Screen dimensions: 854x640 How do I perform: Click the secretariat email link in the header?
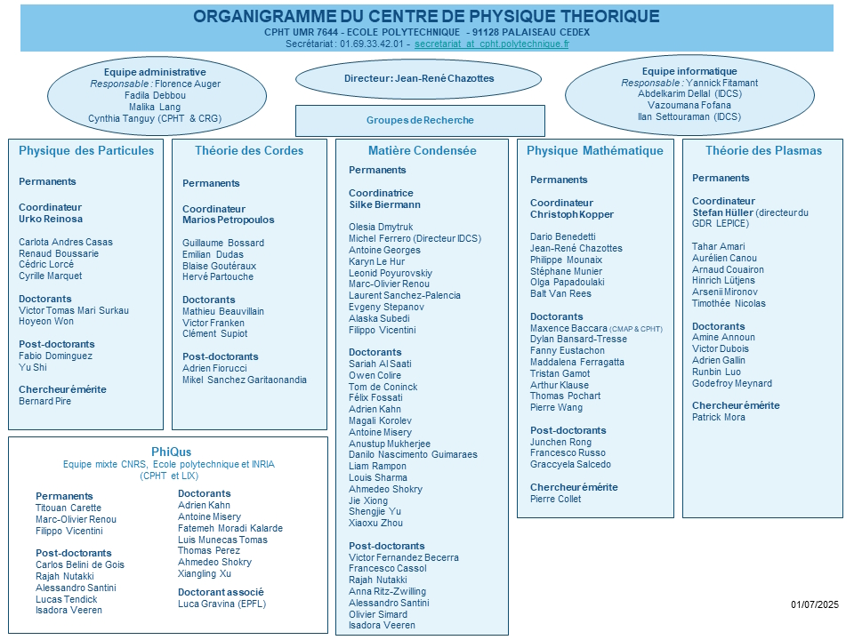click(491, 44)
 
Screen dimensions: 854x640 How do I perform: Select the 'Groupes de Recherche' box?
click(420, 121)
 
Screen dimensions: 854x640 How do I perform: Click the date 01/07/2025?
click(815, 604)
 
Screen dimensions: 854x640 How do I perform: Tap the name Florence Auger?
click(188, 84)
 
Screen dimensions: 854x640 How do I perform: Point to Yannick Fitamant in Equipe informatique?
click(721, 83)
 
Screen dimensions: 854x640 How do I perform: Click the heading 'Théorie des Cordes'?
click(249, 151)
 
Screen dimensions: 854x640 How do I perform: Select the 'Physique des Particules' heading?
click(86, 151)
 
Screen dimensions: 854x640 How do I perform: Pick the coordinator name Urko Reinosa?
click(51, 219)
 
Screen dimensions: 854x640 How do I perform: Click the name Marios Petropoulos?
click(229, 220)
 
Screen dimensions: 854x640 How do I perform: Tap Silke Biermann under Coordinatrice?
click(384, 204)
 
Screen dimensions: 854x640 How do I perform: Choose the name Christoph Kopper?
click(572, 214)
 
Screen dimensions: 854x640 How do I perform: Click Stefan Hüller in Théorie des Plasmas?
click(722, 212)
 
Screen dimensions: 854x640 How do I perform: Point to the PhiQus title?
click(171, 452)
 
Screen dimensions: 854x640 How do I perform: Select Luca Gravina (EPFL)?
click(222, 604)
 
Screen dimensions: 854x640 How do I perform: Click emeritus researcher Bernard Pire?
click(44, 401)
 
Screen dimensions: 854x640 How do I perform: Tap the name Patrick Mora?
click(719, 417)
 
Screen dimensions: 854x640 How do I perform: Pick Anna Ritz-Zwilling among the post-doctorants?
click(387, 591)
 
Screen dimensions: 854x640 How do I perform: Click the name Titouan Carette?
click(68, 508)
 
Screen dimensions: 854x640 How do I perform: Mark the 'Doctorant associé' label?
click(221, 592)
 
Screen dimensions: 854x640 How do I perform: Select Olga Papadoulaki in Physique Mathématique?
click(567, 282)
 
